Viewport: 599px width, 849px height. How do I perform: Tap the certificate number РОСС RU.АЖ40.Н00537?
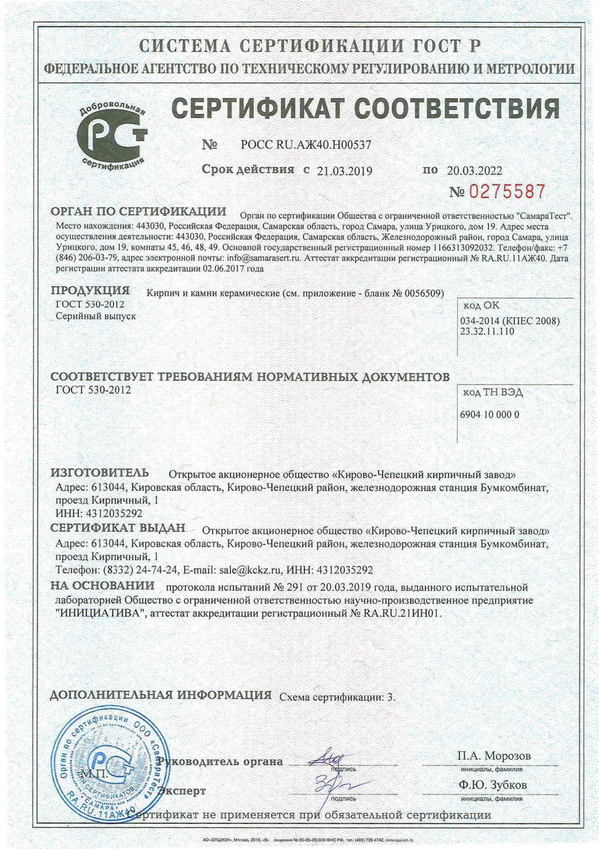coord(306,145)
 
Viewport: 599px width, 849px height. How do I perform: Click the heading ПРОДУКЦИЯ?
coord(90,291)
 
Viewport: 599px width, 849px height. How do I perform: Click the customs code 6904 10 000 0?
coord(490,414)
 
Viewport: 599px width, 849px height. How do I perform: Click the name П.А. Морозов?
coord(494,755)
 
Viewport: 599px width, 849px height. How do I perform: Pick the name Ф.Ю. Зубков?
coord(493,785)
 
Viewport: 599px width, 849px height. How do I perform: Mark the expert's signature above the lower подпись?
coord(330,785)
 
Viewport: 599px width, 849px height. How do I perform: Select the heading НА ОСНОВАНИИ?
coord(102,585)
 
